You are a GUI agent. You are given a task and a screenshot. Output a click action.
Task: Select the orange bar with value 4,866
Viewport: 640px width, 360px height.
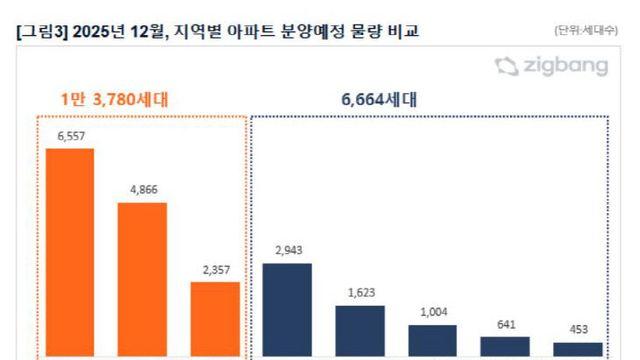pyautogui.click(x=142, y=279)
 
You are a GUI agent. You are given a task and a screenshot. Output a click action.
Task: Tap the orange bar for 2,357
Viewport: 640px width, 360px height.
pyautogui.click(x=215, y=320)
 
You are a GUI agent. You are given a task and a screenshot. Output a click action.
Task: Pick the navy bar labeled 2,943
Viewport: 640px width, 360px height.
pyautogui.click(x=287, y=310)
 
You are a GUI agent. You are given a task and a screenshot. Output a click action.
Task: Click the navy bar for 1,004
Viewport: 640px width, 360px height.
pyautogui.click(x=432, y=341)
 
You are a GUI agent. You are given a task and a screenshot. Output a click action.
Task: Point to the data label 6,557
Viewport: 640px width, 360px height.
pyautogui.click(x=69, y=138)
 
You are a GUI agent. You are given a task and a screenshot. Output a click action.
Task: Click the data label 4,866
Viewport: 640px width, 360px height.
pyautogui.click(x=142, y=190)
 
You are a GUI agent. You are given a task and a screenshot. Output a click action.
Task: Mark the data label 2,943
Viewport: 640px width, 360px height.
pyautogui.click(x=287, y=252)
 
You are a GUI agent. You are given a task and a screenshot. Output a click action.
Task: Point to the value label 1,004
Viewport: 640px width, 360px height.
pyautogui.click(x=432, y=313)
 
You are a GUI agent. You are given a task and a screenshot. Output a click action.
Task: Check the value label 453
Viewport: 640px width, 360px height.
pyautogui.click(x=578, y=331)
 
